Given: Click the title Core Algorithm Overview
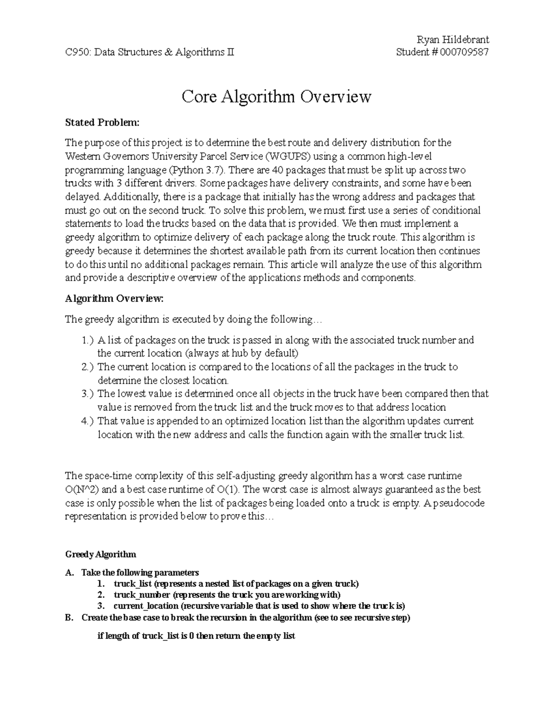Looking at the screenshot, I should [x=276, y=97].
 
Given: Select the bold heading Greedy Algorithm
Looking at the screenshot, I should [x=101, y=554].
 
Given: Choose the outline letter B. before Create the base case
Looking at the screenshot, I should [x=70, y=618].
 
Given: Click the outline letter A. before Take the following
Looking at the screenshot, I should [x=70, y=573].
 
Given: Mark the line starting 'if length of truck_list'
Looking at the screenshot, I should [x=196, y=636].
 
